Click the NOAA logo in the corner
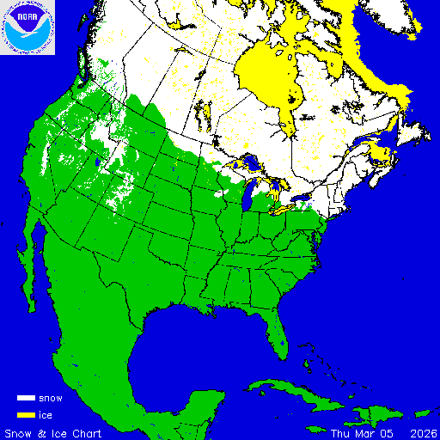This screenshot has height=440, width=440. coord(27,27)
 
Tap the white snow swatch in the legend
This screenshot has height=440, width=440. coord(27,399)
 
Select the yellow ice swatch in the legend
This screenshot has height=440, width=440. coord(27,414)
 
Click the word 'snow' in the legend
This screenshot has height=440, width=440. coord(51,399)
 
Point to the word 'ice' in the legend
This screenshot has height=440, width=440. coord(46,414)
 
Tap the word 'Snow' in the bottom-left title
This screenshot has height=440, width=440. coord(18,432)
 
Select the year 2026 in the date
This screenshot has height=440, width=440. coord(422,432)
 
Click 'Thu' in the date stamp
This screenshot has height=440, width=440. coord(341,432)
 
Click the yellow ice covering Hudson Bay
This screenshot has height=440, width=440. coord(271,73)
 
